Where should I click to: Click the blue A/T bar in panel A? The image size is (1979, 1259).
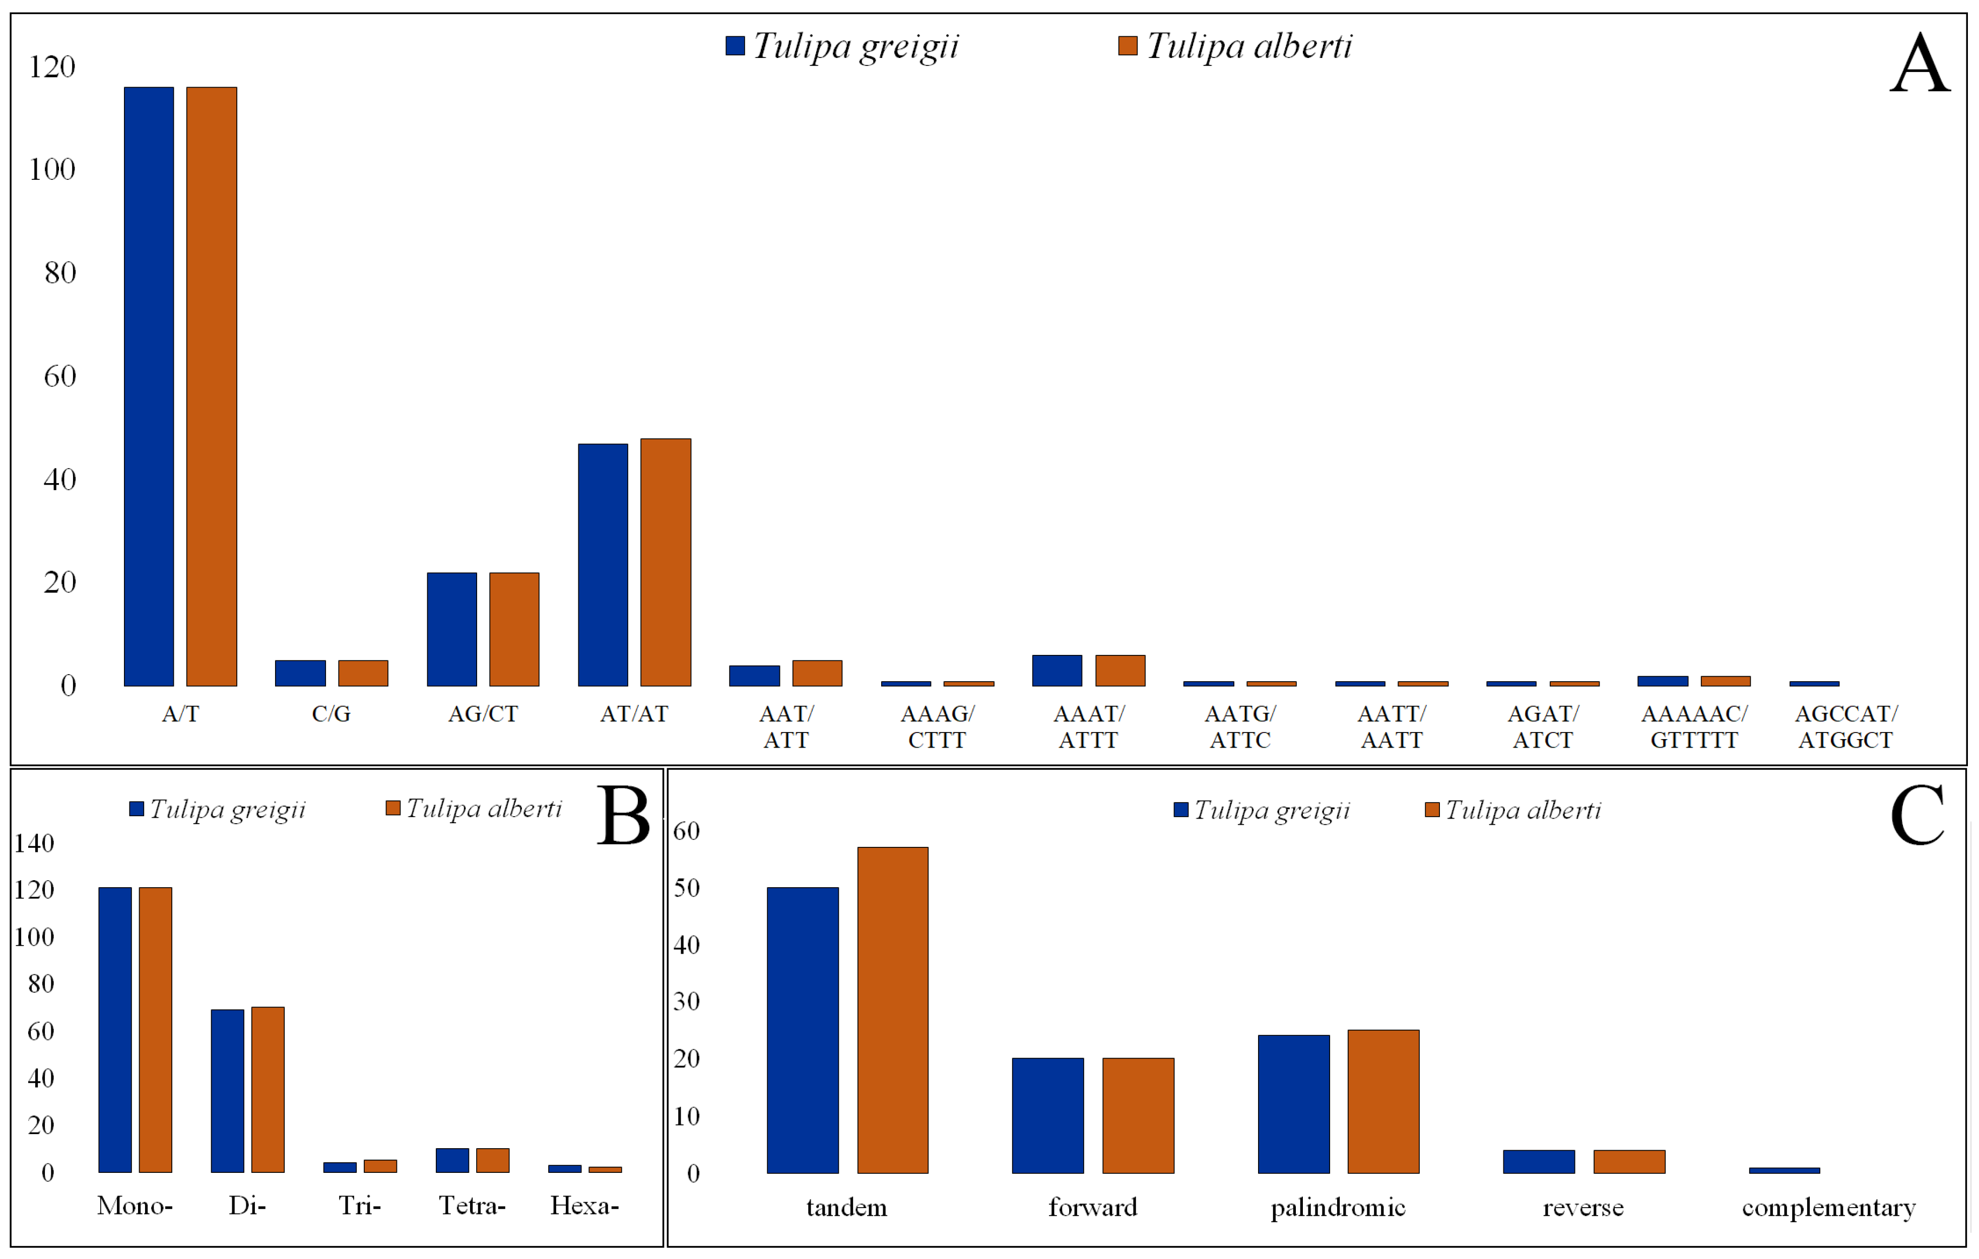[x=149, y=386]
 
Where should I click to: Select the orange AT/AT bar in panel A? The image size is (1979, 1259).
[x=666, y=562]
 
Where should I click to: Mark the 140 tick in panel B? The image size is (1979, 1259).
[x=34, y=843]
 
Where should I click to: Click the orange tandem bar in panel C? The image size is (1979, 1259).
[x=893, y=1010]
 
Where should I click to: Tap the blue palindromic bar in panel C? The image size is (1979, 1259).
[x=1294, y=1104]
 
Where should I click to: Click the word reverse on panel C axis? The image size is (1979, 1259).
[x=1583, y=1207]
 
